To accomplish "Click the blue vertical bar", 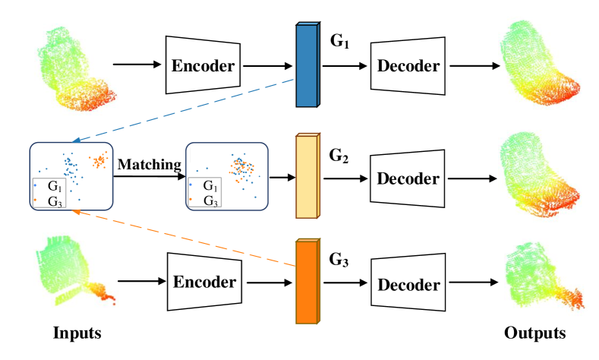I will pos(307,65).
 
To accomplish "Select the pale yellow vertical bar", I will pos(307,176).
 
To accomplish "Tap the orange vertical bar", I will pos(307,281).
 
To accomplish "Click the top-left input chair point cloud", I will pos(76,68).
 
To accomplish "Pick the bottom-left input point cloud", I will pos(76,277).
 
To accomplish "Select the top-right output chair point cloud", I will pos(540,62).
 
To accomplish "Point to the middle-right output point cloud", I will pos(540,175).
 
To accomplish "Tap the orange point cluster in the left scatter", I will pos(99,160).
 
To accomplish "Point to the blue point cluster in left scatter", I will pos(70,165).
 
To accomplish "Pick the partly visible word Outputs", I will pos(535,332).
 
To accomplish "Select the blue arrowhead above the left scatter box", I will pos(74,141).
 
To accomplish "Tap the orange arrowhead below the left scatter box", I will pos(74,212).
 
